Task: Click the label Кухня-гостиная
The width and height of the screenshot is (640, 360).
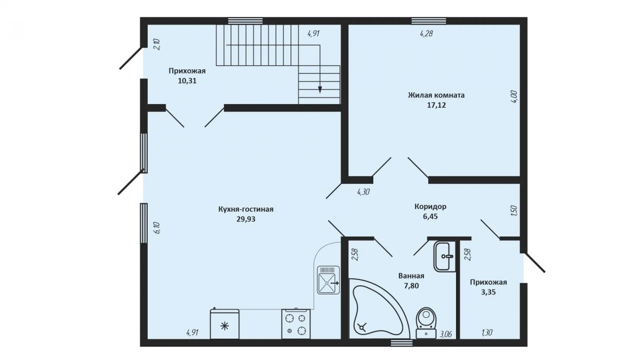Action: (x=246, y=210)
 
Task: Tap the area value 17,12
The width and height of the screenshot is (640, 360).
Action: (x=436, y=105)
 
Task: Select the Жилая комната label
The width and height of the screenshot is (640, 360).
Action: (x=436, y=95)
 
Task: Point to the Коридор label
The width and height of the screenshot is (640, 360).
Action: (x=430, y=206)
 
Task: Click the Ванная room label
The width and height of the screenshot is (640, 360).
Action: (x=411, y=276)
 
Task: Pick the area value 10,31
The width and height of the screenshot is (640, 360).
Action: (x=187, y=81)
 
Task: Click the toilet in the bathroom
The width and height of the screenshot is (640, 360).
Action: (x=426, y=323)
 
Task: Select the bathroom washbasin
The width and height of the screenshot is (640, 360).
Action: (x=445, y=257)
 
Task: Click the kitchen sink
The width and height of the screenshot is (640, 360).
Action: (x=329, y=280)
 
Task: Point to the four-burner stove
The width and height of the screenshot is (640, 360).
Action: (x=295, y=324)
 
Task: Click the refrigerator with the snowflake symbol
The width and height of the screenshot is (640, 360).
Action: (x=225, y=324)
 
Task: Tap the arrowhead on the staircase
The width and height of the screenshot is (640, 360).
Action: (x=320, y=90)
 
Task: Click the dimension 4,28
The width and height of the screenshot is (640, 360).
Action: (x=426, y=34)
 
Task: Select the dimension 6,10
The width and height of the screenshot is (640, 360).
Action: (x=157, y=228)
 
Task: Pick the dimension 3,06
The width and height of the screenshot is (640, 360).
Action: (x=445, y=334)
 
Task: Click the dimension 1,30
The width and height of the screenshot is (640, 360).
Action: (x=487, y=333)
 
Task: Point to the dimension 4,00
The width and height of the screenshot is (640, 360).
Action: (x=514, y=97)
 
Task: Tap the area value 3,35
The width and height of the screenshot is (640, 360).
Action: (x=489, y=292)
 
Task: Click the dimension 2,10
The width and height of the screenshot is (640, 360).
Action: (x=157, y=45)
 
